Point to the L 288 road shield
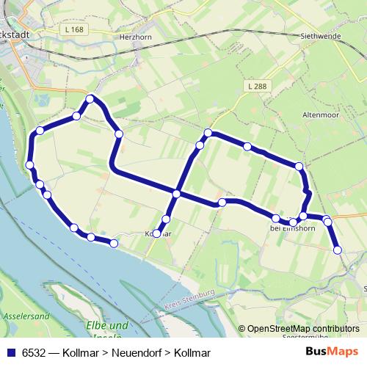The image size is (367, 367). [x=257, y=87]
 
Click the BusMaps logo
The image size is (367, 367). [x=333, y=351]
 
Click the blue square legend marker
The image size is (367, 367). [x=10, y=352]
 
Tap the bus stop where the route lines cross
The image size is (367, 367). [x=176, y=194]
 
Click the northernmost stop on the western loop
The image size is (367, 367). [x=90, y=98]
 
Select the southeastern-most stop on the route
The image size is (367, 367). [x=338, y=250]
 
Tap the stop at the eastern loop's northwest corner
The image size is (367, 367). [x=208, y=133]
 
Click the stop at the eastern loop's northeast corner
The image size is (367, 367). [x=299, y=167]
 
